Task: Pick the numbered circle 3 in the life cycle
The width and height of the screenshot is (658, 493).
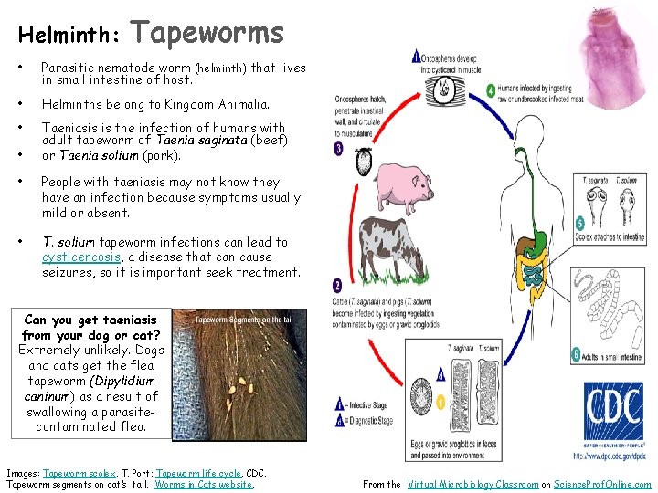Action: coord(339,148)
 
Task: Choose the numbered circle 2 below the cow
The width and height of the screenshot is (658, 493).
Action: coord(338,285)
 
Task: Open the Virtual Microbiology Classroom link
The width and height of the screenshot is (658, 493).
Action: coord(473,485)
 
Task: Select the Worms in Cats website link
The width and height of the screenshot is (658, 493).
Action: coord(204,485)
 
